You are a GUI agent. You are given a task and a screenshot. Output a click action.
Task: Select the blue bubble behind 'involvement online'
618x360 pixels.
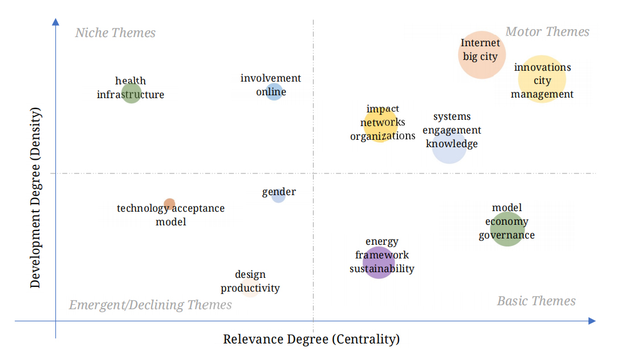pos(274,91)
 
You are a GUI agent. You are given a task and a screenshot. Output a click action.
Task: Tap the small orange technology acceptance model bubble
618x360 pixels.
pos(169,204)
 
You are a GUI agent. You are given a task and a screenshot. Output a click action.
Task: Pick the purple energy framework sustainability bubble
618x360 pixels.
pos(379,262)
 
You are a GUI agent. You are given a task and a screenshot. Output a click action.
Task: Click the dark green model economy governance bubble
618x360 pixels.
pos(507,229)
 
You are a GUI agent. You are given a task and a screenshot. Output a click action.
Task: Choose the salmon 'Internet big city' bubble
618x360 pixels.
pos(482,55)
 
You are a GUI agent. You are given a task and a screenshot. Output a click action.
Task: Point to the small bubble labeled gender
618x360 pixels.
pos(278,195)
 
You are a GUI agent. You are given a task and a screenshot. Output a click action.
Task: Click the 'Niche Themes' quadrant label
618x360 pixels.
pos(115,33)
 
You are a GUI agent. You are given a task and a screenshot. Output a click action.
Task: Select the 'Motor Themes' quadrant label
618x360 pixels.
pos(547,31)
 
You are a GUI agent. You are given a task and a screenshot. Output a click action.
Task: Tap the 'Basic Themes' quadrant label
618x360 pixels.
pos(536,301)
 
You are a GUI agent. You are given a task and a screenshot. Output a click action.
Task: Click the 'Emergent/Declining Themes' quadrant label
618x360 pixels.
pos(151,305)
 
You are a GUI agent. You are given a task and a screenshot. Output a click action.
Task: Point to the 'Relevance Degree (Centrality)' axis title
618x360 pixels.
pos(311,339)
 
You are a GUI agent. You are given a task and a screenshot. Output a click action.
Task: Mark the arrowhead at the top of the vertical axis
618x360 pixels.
pos(55,22)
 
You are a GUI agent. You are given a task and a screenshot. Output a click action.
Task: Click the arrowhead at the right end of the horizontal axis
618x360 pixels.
pos(592,321)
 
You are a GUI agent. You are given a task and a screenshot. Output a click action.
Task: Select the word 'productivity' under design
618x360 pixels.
pos(250,288)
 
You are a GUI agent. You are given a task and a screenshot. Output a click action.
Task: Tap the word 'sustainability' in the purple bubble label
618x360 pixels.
pos(382,269)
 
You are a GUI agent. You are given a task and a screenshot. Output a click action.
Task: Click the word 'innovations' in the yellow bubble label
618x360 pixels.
pos(542,67)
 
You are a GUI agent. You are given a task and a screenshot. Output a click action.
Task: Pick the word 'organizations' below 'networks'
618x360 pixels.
pos(383,136)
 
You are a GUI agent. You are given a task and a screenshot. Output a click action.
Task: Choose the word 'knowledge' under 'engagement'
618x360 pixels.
pos(452,144)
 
